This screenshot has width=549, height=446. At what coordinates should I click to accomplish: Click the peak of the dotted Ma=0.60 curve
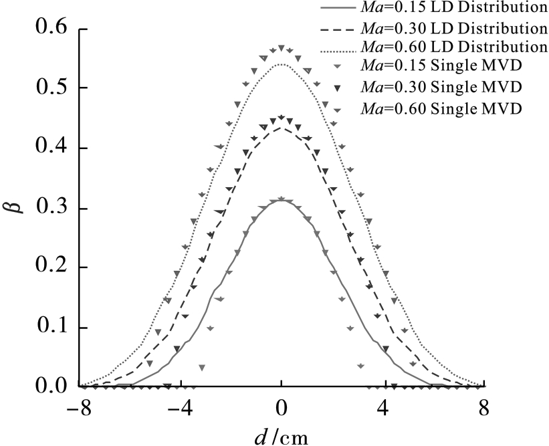[282, 64]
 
